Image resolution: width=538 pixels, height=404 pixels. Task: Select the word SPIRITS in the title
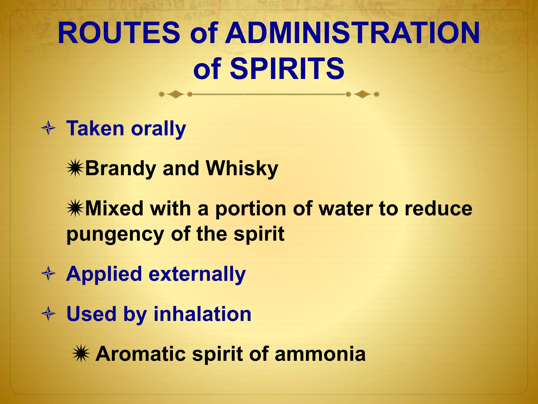(287, 69)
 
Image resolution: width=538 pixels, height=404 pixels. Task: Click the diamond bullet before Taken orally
(48, 129)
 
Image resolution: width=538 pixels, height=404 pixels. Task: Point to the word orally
(158, 129)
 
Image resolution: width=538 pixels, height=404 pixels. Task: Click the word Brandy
(121, 169)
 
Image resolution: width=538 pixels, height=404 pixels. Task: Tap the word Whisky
(242, 169)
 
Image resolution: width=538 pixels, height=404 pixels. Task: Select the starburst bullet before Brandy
(75, 169)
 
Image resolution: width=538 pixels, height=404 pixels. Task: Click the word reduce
(438, 209)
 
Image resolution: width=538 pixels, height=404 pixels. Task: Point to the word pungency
(115, 234)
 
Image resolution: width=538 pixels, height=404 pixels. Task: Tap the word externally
(197, 274)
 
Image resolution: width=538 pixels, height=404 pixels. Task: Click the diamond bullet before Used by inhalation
(48, 314)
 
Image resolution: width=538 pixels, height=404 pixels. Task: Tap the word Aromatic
(141, 354)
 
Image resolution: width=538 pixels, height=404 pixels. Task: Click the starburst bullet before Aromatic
(81, 354)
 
